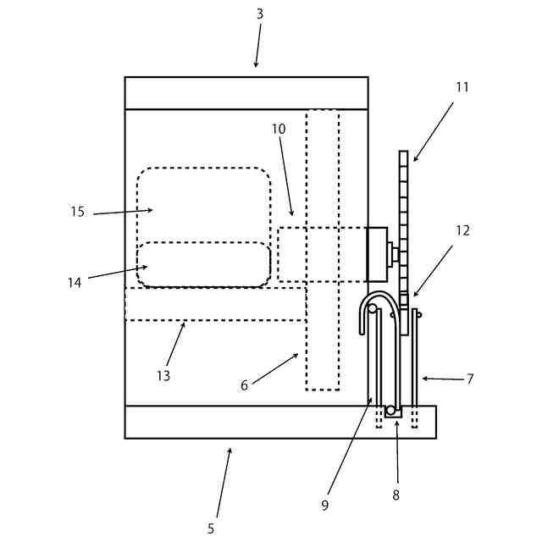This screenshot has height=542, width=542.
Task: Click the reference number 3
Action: coord(260,14)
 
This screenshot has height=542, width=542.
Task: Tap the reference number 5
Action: coord(211,528)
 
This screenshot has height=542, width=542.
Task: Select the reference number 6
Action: coord(244,385)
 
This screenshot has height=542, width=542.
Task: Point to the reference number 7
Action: coord(470,379)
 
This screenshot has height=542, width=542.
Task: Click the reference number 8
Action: coord(395,495)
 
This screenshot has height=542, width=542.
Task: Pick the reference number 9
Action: coord(324,506)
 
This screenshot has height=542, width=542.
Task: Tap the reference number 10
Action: coord(279,129)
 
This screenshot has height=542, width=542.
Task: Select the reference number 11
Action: coord(462,86)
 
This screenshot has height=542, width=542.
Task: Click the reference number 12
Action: coord(462,230)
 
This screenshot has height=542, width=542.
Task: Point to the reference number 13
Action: coord(163,375)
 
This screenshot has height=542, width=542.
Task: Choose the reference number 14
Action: coord(75,283)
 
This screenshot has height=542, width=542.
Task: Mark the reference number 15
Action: coord(78,212)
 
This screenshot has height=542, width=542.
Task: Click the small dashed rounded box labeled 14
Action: coord(203,264)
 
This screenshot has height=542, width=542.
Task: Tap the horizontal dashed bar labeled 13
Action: coord(215,304)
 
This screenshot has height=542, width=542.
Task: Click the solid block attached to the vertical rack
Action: coord(376,254)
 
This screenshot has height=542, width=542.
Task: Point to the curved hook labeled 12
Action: coord(378,301)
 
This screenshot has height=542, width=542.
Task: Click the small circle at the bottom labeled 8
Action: coord(390,412)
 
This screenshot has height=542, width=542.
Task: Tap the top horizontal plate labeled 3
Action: coord(246,93)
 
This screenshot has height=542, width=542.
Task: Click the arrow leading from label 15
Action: coord(123,212)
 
